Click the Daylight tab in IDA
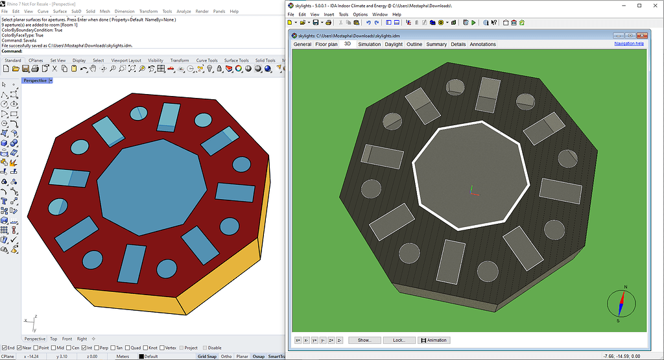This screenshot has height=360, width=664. pos(394,45)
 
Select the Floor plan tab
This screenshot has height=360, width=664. pos(326,45)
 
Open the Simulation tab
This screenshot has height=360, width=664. pos(370,45)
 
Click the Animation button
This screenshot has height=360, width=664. pos(433,340)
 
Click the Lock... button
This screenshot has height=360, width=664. pos(399,340)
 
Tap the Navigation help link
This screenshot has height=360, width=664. pos(629,44)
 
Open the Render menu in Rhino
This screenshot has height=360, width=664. pos(202,12)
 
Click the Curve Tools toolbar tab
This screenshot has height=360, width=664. pos(207,60)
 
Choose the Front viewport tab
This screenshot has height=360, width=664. pos(67,339)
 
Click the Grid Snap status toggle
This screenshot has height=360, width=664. pos(207,356)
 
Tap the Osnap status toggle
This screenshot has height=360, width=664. pos(258,356)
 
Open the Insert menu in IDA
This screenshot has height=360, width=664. pos(329,14)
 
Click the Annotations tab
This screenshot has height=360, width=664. pos(482,45)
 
